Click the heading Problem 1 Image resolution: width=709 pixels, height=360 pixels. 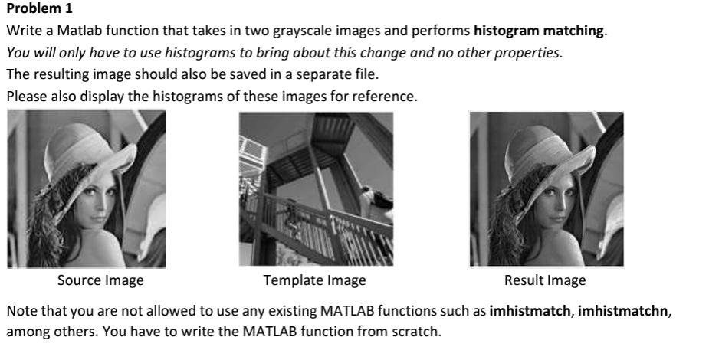pos(38,11)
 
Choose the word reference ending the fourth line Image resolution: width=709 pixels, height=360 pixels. pos(389,97)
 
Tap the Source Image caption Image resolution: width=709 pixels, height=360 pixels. pos(100,280)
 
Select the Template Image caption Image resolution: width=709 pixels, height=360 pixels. pos(314,280)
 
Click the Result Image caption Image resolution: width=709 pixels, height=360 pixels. pos(545,280)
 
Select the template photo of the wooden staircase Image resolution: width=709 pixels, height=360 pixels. pos(316,189)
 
